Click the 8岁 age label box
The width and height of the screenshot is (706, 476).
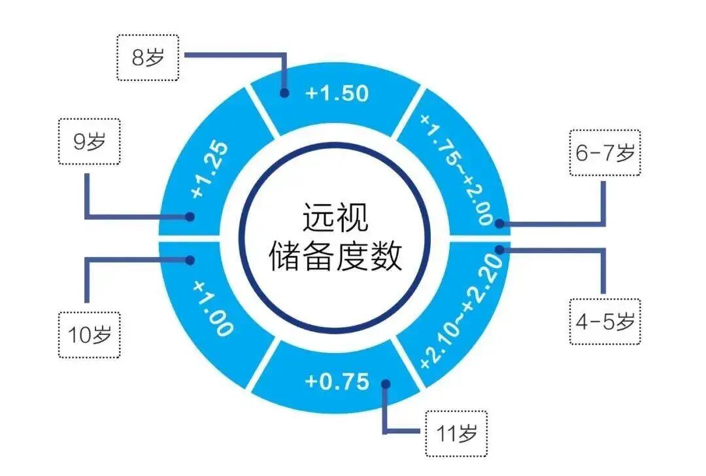(x=147, y=57)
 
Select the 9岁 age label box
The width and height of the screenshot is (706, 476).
(x=89, y=141)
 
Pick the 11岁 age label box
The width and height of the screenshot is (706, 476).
(x=456, y=433)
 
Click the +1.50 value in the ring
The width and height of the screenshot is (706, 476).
(x=337, y=93)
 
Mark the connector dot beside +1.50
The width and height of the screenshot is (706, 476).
(x=284, y=93)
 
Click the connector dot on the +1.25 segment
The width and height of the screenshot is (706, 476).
(x=190, y=216)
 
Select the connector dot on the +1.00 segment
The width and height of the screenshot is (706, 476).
(x=190, y=260)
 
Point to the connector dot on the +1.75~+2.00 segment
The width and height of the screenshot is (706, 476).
(x=499, y=223)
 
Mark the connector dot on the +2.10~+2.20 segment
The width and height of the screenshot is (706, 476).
(x=499, y=249)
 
